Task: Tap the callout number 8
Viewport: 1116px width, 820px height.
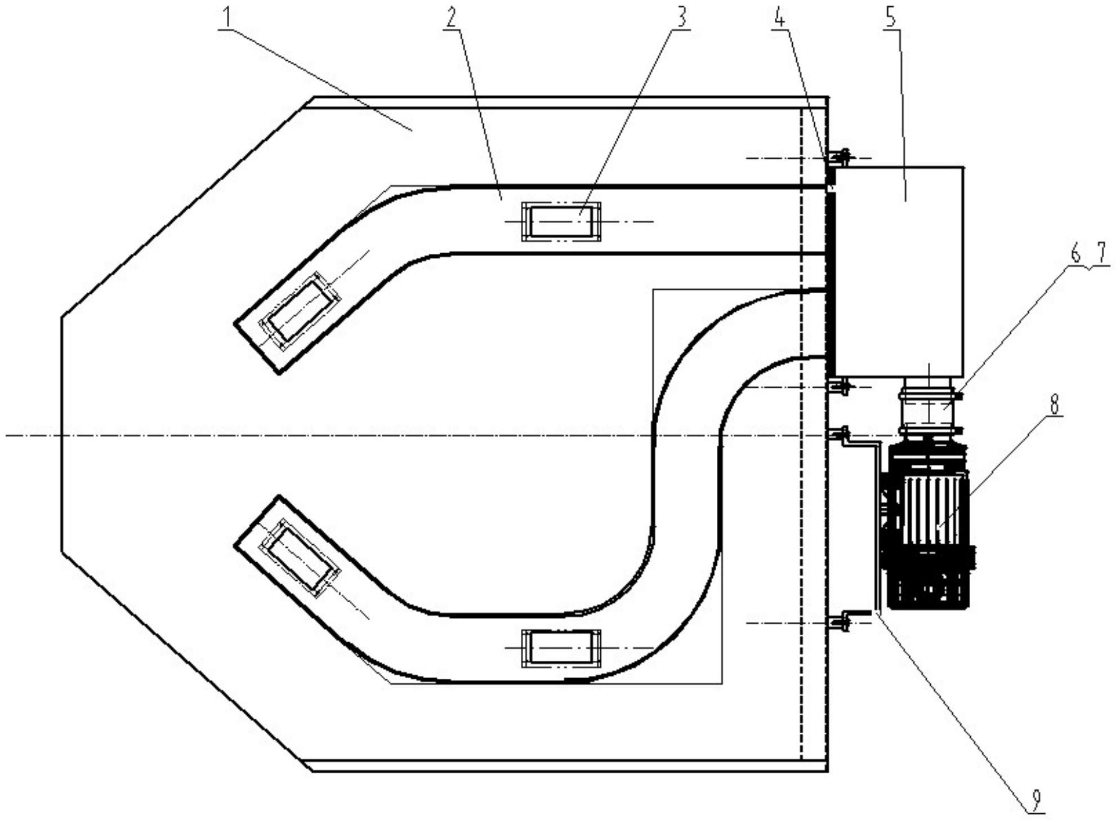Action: pyautogui.click(x=1053, y=403)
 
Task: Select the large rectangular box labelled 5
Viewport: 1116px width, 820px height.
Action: pyautogui.click(x=899, y=271)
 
